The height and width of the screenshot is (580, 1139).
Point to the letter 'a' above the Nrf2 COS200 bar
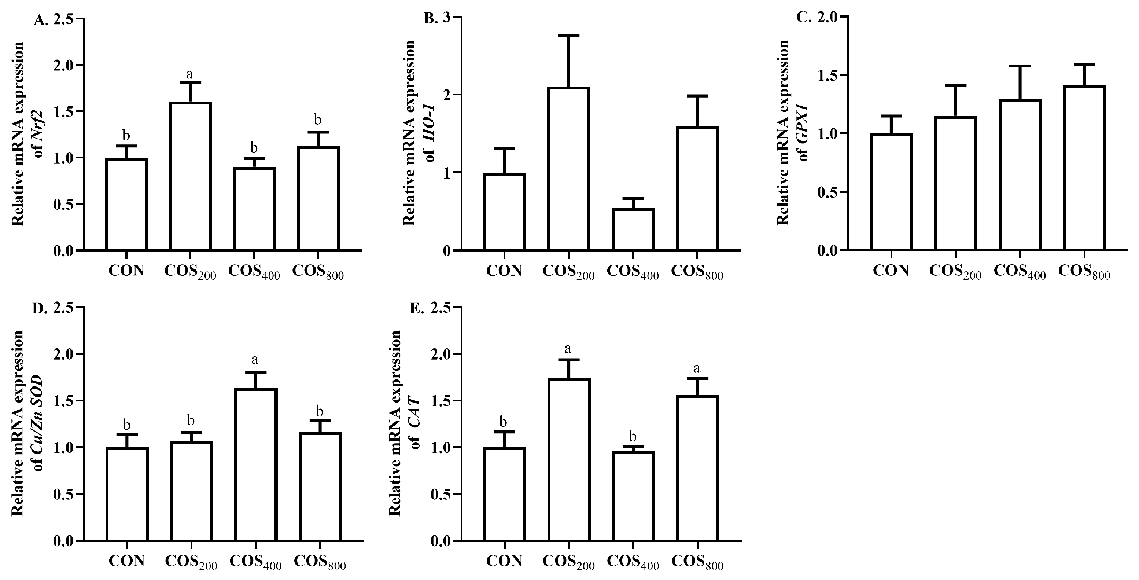(x=190, y=73)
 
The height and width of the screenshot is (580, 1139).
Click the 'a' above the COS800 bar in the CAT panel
(x=697, y=368)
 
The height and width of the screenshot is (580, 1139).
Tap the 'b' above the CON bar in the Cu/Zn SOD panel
(x=126, y=425)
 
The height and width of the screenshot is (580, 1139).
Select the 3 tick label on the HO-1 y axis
(x=452, y=17)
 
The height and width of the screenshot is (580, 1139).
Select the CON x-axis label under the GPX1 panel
(x=891, y=270)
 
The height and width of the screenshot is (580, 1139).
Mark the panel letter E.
(x=415, y=308)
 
